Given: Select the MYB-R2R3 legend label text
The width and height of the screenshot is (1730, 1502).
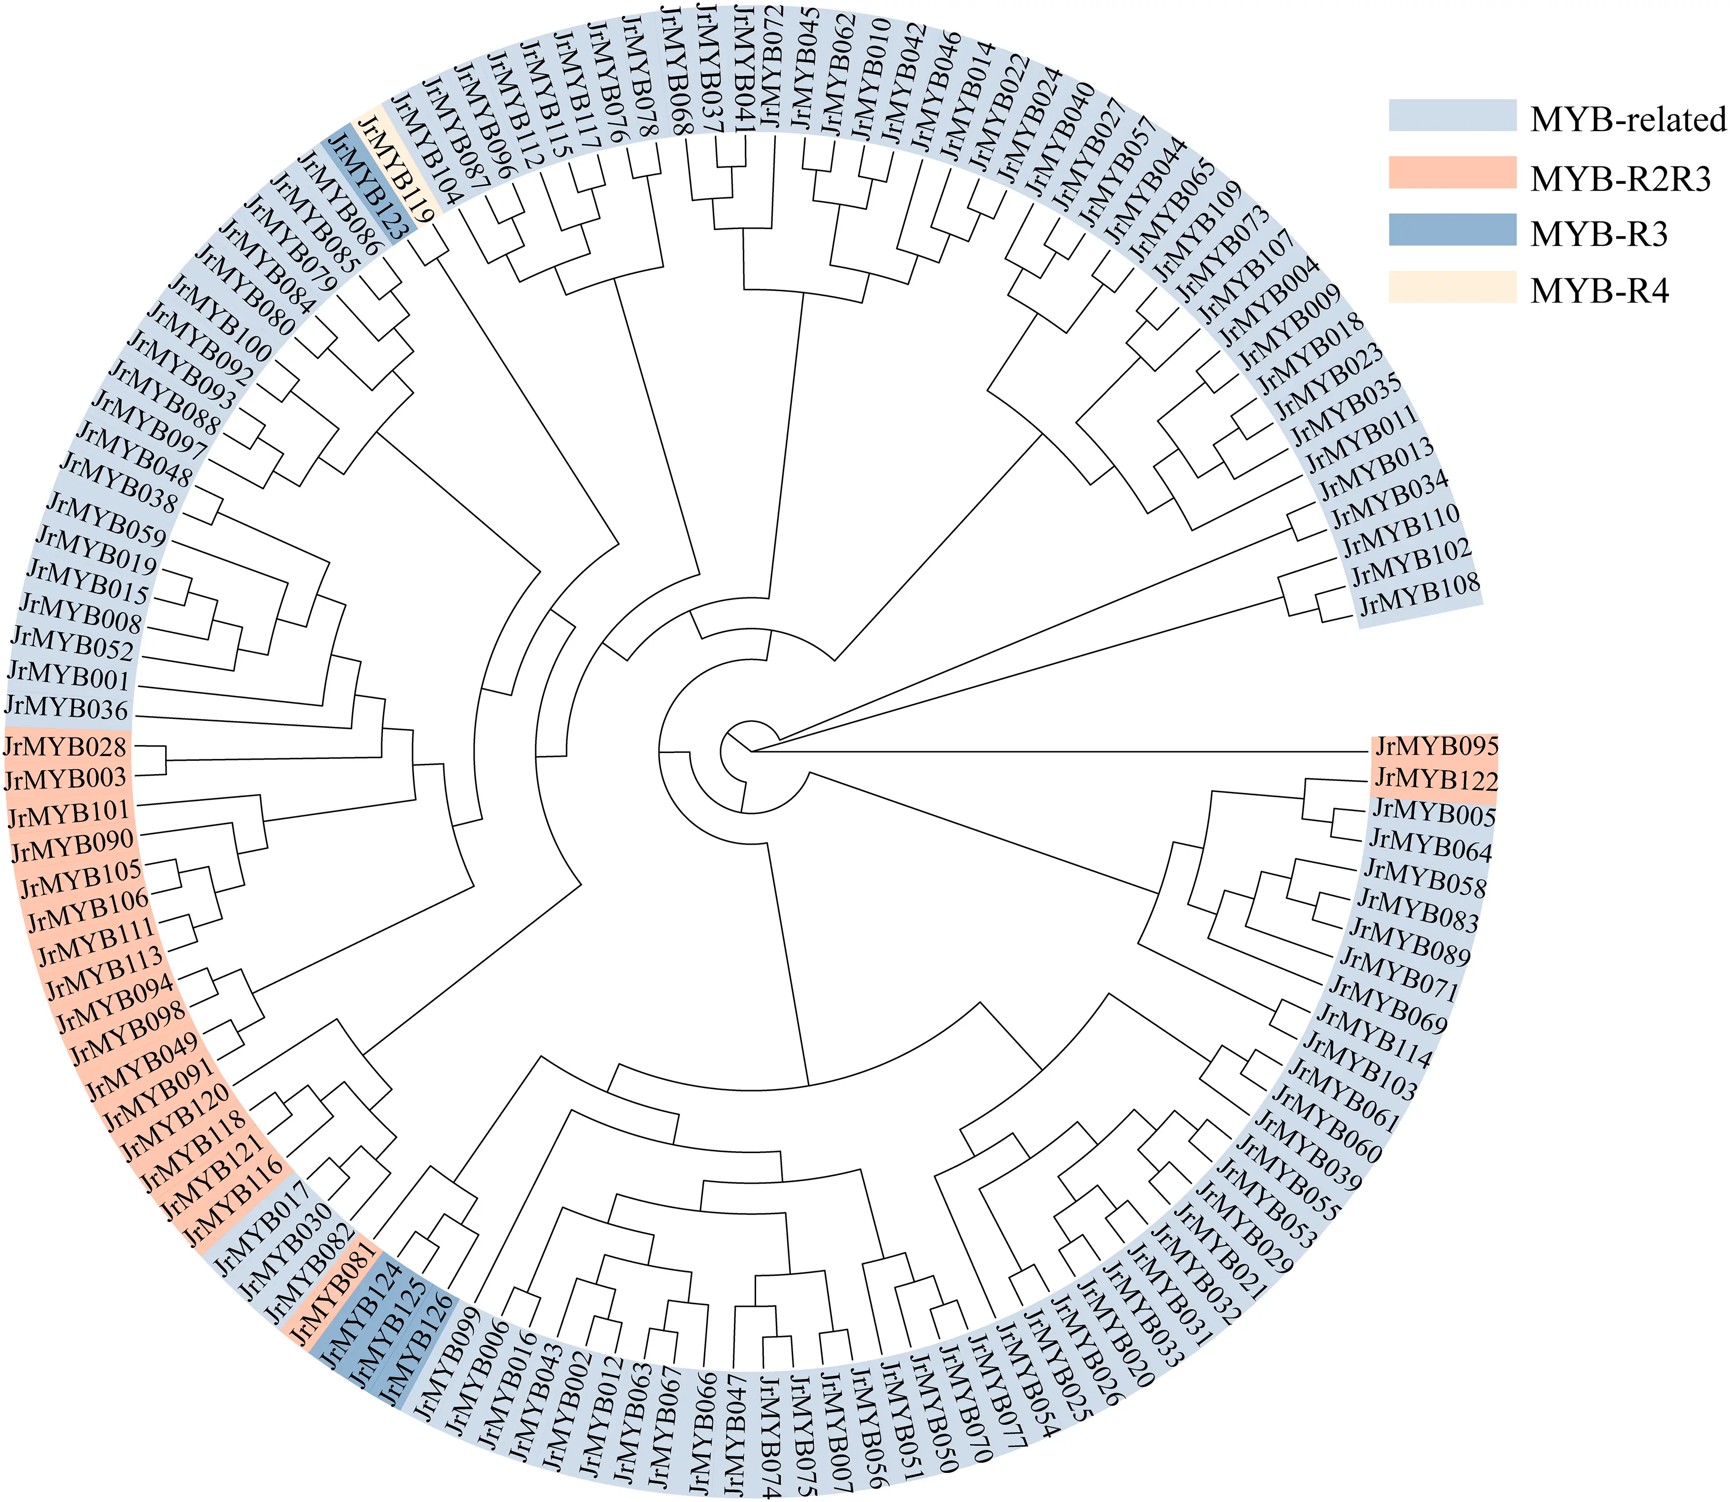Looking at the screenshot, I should [1620, 178].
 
